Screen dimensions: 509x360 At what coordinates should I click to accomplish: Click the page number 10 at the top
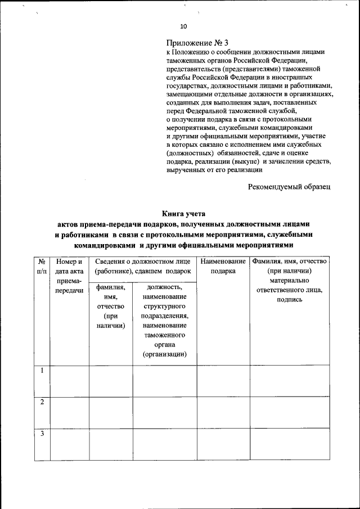click(x=183, y=26)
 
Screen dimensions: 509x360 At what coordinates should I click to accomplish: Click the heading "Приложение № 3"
click(x=197, y=43)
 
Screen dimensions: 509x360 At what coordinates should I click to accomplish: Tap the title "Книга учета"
click(x=184, y=213)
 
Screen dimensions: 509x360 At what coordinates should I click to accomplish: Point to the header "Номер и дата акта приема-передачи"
click(x=70, y=276)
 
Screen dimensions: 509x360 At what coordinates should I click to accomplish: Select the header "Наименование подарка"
click(x=223, y=267)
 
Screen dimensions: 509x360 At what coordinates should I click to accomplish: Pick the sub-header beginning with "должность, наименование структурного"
click(x=164, y=321)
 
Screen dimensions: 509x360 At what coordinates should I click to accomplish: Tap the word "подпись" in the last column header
click(x=289, y=300)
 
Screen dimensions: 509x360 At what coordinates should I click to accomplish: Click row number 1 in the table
click(x=42, y=371)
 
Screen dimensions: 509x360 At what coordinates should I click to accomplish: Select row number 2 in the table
click(x=42, y=402)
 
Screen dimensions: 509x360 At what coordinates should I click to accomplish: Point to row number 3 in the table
click(x=42, y=434)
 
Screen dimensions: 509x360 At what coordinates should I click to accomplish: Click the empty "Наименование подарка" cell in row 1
click(x=223, y=381)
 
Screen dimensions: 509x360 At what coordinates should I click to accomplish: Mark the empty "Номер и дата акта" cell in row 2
click(x=70, y=412)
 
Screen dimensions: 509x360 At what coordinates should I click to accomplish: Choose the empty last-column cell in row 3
click(x=289, y=444)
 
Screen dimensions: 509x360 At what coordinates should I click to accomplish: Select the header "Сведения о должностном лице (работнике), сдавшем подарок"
click(x=143, y=267)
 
